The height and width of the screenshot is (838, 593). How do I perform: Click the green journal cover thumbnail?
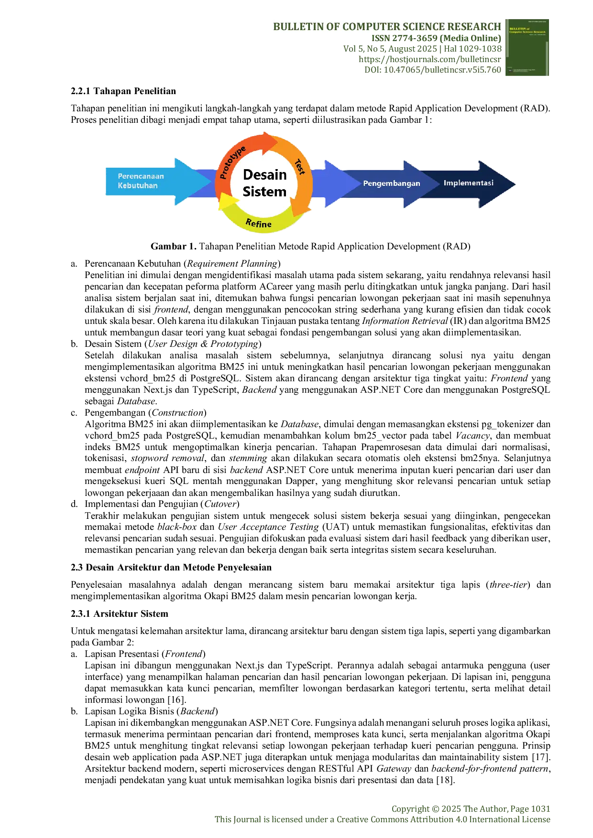tap(527, 47)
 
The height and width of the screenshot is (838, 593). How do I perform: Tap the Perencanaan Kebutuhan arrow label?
tap(141, 181)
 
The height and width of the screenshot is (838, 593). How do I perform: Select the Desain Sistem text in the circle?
tap(264, 183)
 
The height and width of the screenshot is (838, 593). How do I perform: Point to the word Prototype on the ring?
tap(232, 162)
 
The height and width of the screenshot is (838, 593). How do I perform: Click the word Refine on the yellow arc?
tap(258, 223)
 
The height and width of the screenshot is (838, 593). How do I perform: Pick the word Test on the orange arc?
tap(300, 166)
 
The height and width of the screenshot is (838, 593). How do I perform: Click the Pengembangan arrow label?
tap(392, 183)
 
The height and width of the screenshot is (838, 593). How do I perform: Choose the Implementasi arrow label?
tap(468, 183)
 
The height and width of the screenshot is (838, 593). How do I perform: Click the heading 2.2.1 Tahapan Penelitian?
tap(123, 91)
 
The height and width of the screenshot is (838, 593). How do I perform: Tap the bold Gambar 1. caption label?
tap(174, 247)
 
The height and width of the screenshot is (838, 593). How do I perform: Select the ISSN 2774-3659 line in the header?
tap(436, 38)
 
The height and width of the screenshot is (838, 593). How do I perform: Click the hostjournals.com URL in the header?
tap(430, 59)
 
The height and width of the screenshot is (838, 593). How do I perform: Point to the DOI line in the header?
tap(433, 70)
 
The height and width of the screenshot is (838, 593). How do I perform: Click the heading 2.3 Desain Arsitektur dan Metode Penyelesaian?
tap(171, 568)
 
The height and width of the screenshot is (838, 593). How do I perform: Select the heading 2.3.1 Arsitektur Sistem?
tap(120, 614)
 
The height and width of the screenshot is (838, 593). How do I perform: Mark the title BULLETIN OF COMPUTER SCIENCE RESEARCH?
tap(387, 27)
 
